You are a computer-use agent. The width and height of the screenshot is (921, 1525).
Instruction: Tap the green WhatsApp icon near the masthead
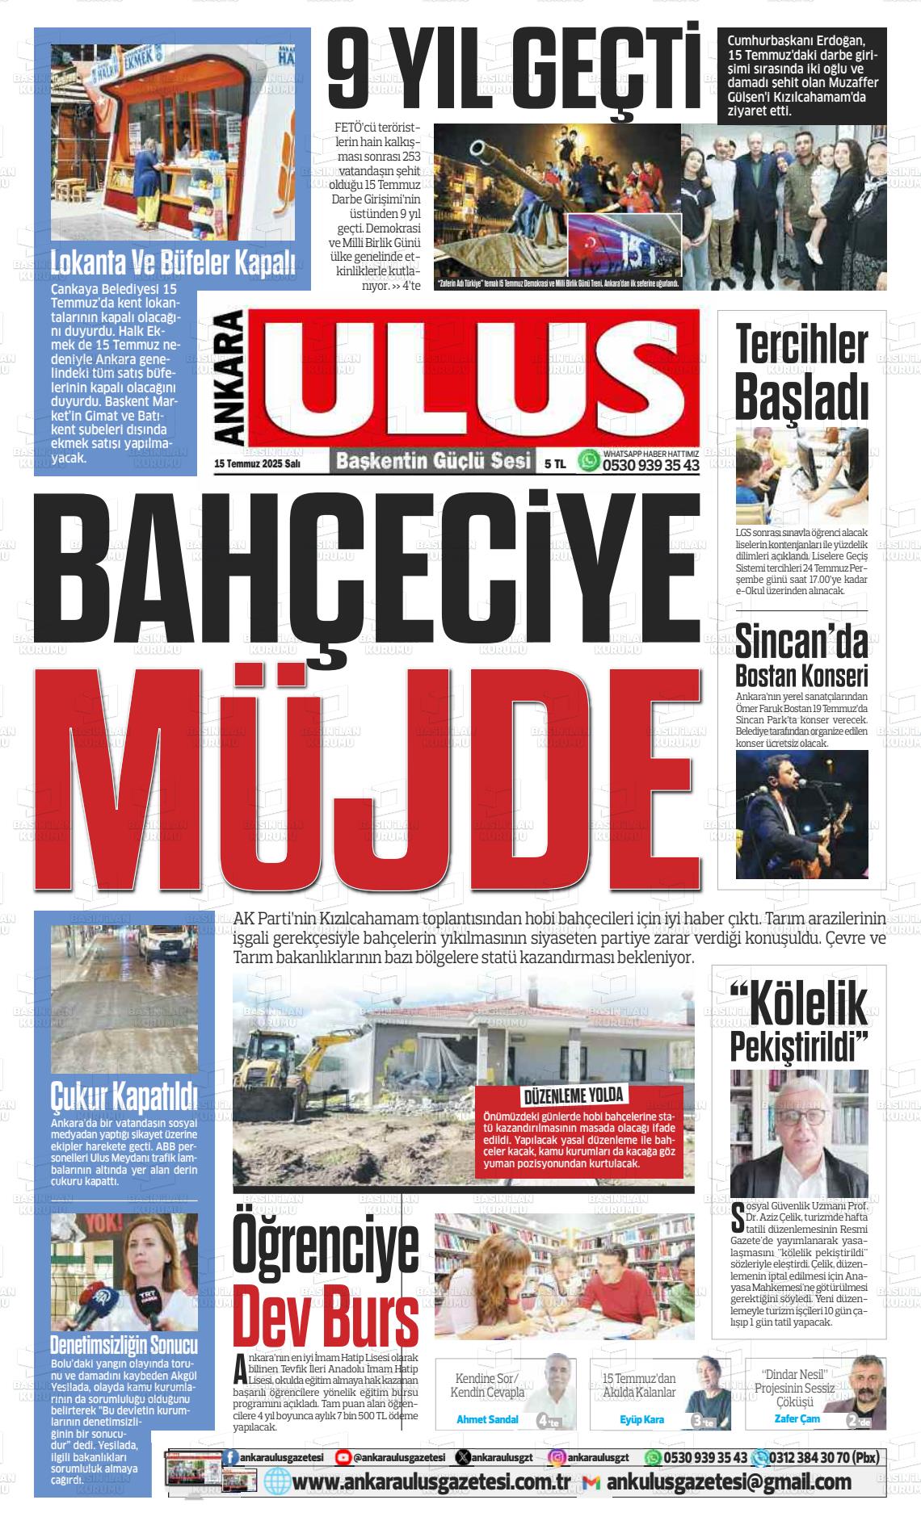click(590, 461)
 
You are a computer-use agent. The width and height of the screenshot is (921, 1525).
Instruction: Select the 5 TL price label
click(555, 463)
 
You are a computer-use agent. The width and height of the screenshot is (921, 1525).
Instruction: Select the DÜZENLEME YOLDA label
click(574, 1096)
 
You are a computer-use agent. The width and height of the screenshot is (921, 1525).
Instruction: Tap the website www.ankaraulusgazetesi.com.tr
click(432, 1482)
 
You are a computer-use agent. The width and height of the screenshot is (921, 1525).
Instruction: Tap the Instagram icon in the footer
click(557, 1457)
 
